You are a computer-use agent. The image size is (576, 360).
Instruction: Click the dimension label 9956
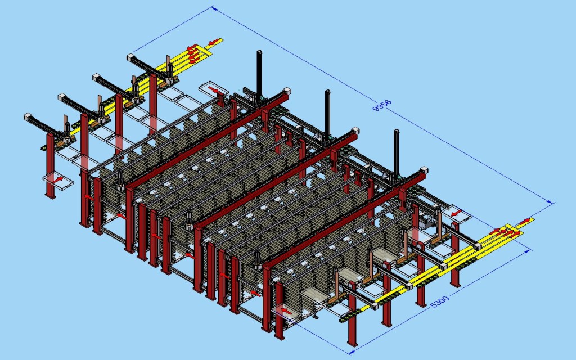tap(382, 105)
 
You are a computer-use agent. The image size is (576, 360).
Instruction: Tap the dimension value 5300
tap(439, 302)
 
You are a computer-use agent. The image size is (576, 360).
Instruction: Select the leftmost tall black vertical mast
tap(259, 74)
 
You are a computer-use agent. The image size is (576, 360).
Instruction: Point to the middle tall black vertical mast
tap(327, 113)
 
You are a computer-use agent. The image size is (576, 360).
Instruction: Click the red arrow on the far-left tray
tap(58, 179)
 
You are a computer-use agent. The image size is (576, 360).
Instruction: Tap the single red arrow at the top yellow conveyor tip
tap(213, 42)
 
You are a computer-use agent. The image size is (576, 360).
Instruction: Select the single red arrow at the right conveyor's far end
tap(525, 221)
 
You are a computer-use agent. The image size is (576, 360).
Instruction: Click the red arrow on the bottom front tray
tap(286, 311)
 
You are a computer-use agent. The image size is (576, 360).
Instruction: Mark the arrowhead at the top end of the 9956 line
tap(213, 8)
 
